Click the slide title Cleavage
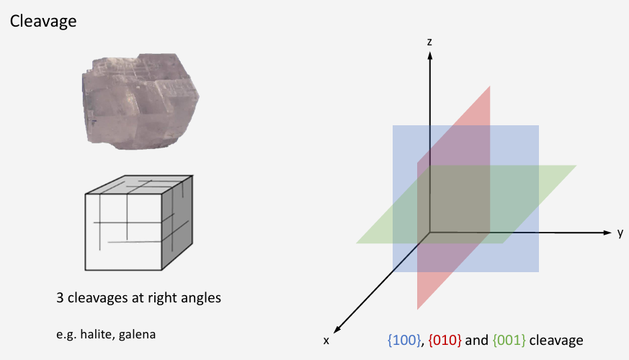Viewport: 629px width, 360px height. [43, 22]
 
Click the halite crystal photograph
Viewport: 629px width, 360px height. [141, 100]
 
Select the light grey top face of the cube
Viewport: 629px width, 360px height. [137, 184]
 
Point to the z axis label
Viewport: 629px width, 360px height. [429, 42]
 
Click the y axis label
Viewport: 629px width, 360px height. [620, 233]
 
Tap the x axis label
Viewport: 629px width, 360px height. [326, 339]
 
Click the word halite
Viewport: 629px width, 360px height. [92, 334]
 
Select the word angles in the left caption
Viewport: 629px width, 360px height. [200, 298]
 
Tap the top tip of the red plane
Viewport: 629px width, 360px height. [490, 87]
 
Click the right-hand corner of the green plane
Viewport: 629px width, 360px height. [576, 166]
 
